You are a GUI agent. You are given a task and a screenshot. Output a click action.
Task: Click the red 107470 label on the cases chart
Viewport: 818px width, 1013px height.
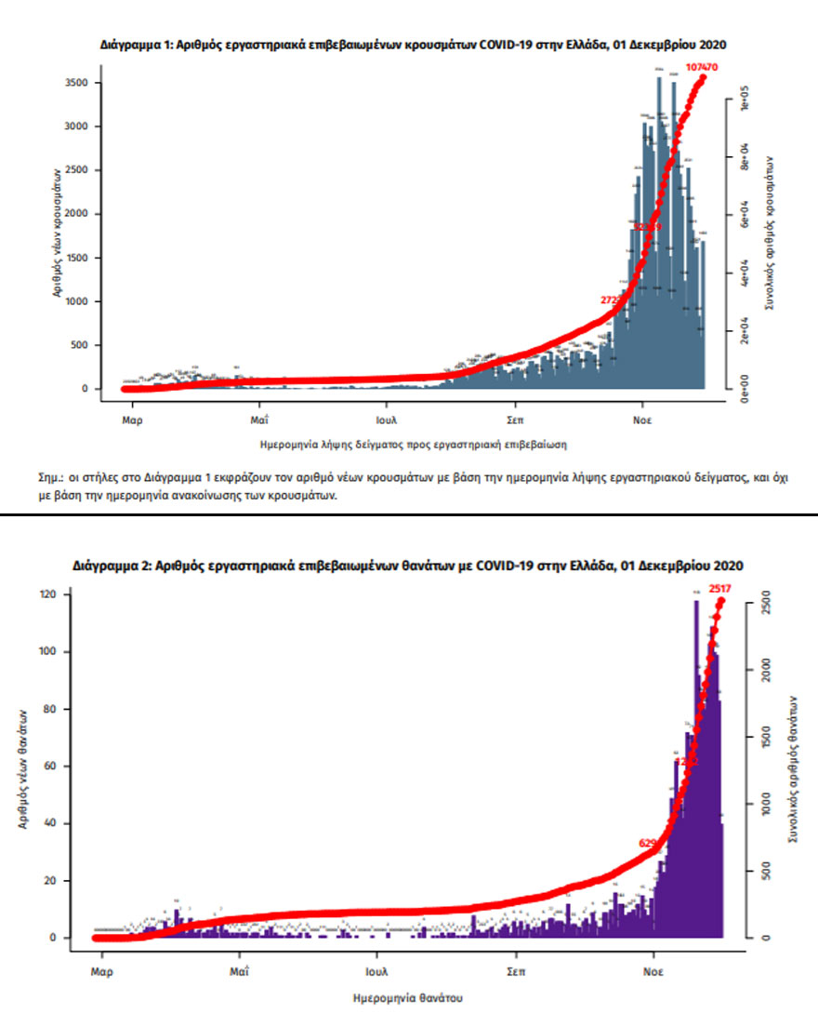704,68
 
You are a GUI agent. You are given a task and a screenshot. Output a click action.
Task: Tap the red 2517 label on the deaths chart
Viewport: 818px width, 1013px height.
720,588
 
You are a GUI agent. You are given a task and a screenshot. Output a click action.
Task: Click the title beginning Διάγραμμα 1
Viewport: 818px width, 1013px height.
413,44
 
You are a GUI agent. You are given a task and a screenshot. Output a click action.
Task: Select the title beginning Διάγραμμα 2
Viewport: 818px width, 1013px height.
408,566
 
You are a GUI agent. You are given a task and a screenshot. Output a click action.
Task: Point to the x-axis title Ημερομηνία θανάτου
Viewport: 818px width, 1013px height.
409,997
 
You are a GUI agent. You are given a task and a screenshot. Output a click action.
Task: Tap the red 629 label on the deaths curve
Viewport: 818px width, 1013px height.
648,843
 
